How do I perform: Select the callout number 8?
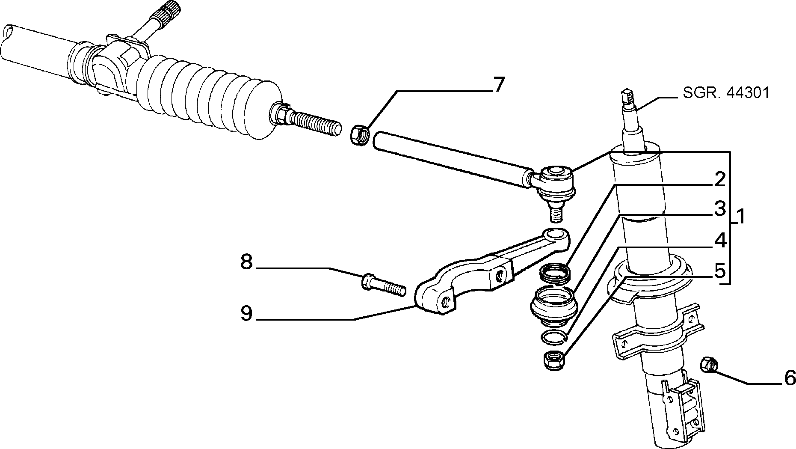click(x=247, y=262)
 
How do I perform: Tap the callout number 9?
click(x=247, y=314)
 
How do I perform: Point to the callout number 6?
click(x=790, y=378)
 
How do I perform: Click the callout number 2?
click(x=720, y=180)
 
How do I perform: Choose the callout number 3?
click(x=720, y=209)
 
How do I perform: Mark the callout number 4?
click(x=720, y=241)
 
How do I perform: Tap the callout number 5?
click(x=720, y=271)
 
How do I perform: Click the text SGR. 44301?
click(x=725, y=93)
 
